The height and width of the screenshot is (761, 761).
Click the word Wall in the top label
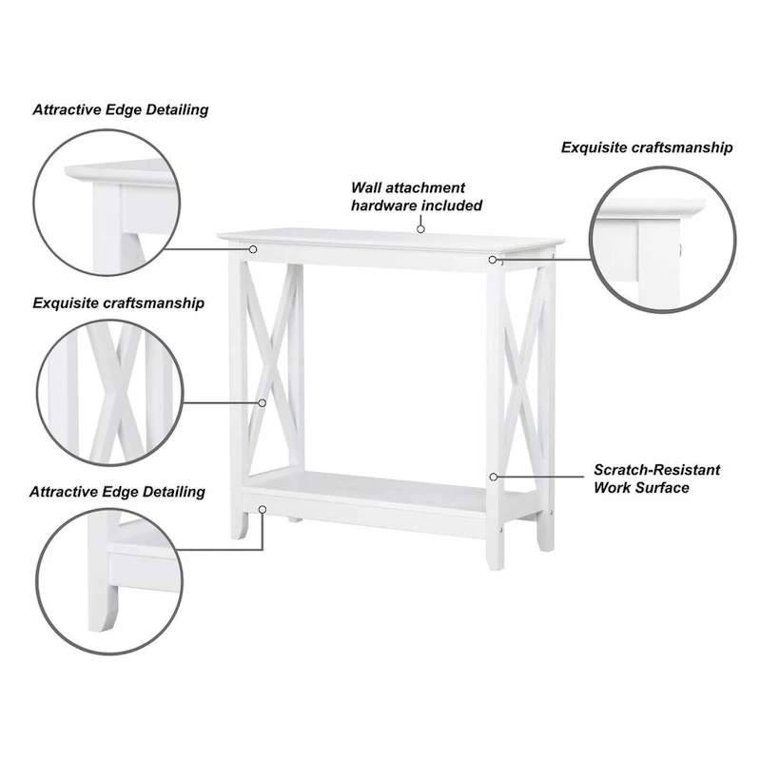(367, 188)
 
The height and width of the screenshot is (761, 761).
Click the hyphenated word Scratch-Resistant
(656, 470)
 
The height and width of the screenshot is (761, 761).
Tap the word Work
(614, 488)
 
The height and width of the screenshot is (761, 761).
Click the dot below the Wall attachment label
(420, 228)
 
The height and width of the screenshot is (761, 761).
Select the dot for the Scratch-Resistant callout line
(493, 476)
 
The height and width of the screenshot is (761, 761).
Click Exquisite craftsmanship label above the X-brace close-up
(118, 303)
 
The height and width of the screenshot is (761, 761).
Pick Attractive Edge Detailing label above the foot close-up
(118, 492)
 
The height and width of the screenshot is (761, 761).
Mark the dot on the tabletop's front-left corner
(254, 248)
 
